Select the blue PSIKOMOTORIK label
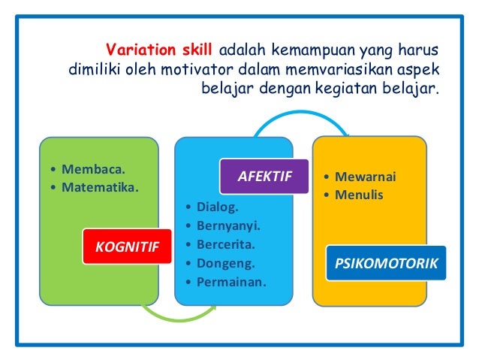coord(385,264)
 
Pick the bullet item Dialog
coord(217,205)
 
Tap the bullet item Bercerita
coord(226,244)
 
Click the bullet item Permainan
coord(231,283)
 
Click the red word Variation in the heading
coord(136,50)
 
